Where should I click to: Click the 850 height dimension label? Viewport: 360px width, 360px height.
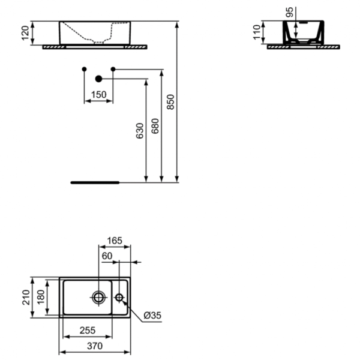click(x=170, y=103)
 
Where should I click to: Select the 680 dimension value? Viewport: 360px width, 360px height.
click(x=155, y=125)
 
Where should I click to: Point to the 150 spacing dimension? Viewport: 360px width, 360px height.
click(x=98, y=94)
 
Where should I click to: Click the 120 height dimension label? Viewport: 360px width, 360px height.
click(x=25, y=33)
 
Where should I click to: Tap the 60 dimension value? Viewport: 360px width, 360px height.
click(x=107, y=256)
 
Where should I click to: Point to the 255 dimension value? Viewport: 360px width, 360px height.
click(x=86, y=331)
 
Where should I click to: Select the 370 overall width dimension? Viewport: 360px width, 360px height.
click(x=95, y=346)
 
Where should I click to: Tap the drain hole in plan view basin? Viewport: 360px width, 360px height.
click(x=98, y=296)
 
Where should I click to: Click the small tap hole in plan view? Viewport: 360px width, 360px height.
click(x=119, y=297)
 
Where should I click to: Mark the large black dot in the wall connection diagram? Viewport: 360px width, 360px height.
click(x=99, y=79)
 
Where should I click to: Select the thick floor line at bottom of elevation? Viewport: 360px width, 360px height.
click(x=95, y=180)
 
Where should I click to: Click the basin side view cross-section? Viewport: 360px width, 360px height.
click(x=304, y=32)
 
